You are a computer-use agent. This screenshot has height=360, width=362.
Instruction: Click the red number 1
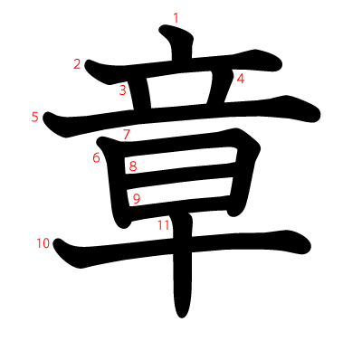click(176, 18)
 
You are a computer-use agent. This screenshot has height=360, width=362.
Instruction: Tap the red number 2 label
click(77, 64)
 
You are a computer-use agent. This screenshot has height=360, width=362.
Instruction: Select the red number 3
click(122, 90)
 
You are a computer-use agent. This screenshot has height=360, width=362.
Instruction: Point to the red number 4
click(241, 79)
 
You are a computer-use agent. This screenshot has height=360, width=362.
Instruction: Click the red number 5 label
click(35, 117)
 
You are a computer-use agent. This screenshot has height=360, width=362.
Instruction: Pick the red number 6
click(96, 157)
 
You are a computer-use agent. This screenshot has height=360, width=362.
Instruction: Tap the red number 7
click(127, 134)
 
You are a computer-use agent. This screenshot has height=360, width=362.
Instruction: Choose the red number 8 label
click(133, 166)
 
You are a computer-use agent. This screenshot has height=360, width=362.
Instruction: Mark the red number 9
click(137, 199)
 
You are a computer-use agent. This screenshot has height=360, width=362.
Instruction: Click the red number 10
click(43, 243)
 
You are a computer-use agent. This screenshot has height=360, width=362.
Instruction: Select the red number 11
click(163, 225)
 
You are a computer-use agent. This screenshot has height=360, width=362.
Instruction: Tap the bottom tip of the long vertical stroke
click(181, 317)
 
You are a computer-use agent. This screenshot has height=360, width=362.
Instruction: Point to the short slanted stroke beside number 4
click(219, 88)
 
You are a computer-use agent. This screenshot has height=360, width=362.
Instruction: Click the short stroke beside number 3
click(140, 94)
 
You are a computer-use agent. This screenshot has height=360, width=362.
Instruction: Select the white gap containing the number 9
click(180, 192)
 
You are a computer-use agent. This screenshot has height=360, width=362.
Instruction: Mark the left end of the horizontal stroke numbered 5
click(43, 117)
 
